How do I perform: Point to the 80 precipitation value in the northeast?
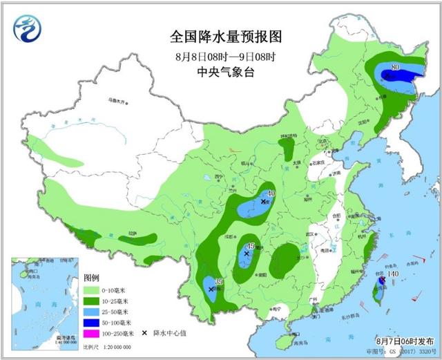(396, 67)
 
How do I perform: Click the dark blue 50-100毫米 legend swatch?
(93, 323)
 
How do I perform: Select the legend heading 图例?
(93, 276)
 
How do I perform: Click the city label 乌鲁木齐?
(118, 100)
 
